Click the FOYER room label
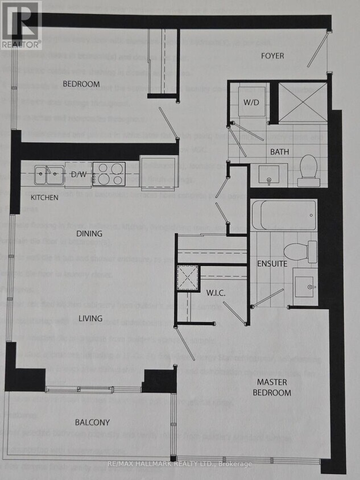pos(272,56)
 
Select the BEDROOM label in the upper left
pos(81,84)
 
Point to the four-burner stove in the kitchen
pos(109,173)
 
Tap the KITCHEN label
pos(44,198)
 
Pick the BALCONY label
pos(92,423)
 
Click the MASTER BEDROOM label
pos(274,387)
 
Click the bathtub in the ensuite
pos(284,214)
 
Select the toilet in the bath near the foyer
pos(308,170)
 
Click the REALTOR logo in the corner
pos(21,24)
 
